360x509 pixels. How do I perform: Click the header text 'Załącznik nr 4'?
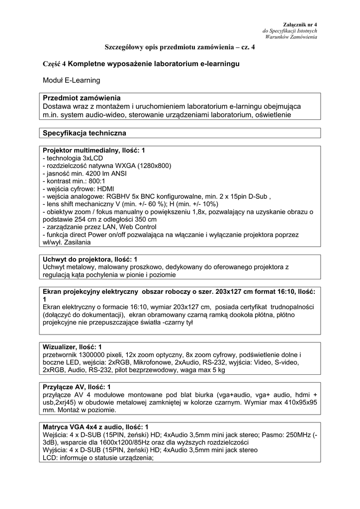point(300,24)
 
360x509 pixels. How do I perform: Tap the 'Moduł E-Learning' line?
point(72,80)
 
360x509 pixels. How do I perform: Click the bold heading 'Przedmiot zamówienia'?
point(82,98)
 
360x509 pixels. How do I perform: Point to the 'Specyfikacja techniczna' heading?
point(85,133)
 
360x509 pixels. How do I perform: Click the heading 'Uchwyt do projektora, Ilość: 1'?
point(90,259)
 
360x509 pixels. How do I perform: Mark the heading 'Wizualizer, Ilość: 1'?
point(73,346)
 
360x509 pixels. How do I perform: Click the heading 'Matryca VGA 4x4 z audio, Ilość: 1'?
point(95,426)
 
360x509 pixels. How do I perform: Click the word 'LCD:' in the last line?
point(51,458)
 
